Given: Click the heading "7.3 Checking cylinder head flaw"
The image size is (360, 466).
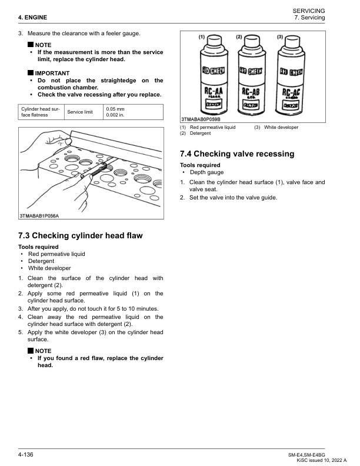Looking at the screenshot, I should [x=81, y=236].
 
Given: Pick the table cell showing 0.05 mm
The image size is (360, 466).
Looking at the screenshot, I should [x=115, y=109].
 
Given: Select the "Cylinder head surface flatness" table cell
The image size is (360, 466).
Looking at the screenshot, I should [x=40, y=112].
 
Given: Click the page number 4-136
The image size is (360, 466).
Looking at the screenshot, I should [x=25, y=455].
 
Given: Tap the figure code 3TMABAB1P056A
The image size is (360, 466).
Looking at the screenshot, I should [x=39, y=216].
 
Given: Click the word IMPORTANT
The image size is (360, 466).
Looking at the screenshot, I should [x=52, y=73].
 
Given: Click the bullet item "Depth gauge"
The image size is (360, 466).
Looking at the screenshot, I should [x=206, y=172].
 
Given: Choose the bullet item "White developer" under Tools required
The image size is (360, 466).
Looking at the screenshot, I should [x=53, y=268].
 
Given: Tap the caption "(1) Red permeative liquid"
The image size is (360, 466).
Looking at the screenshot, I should [x=208, y=127].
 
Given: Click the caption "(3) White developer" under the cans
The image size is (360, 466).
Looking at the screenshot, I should [x=276, y=127].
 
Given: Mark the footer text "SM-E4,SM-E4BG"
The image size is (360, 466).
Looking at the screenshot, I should [x=306, y=455].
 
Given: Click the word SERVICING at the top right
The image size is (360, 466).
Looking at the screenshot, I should [x=308, y=12].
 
